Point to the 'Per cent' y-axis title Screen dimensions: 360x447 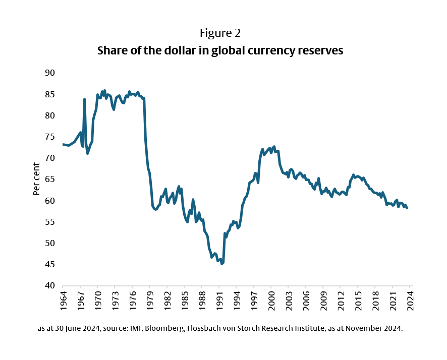tap(36, 179)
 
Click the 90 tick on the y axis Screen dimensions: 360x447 tap(49, 73)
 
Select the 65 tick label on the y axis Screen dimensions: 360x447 tap(49, 179)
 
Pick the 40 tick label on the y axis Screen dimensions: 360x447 tap(49, 285)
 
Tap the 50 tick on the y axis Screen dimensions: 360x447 tap(49, 243)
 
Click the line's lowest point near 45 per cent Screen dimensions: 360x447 tap(221, 263)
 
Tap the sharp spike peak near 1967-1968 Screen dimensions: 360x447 tap(84, 99)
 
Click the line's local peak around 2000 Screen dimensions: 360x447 tap(273, 147)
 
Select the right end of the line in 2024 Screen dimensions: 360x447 tap(407, 208)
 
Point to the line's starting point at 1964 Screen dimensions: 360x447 tap(63, 145)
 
